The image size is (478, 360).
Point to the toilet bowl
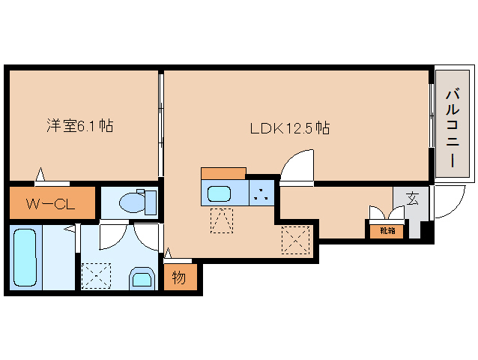(131, 202)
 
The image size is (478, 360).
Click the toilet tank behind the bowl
(151, 202)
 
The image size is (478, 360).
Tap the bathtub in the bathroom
(25, 257)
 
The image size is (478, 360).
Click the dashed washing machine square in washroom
(95, 274)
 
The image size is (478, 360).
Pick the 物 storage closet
(180, 278)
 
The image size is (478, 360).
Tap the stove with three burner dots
(261, 193)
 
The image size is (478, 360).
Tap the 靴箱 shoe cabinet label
(386, 231)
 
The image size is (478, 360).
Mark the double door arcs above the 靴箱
(385, 214)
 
